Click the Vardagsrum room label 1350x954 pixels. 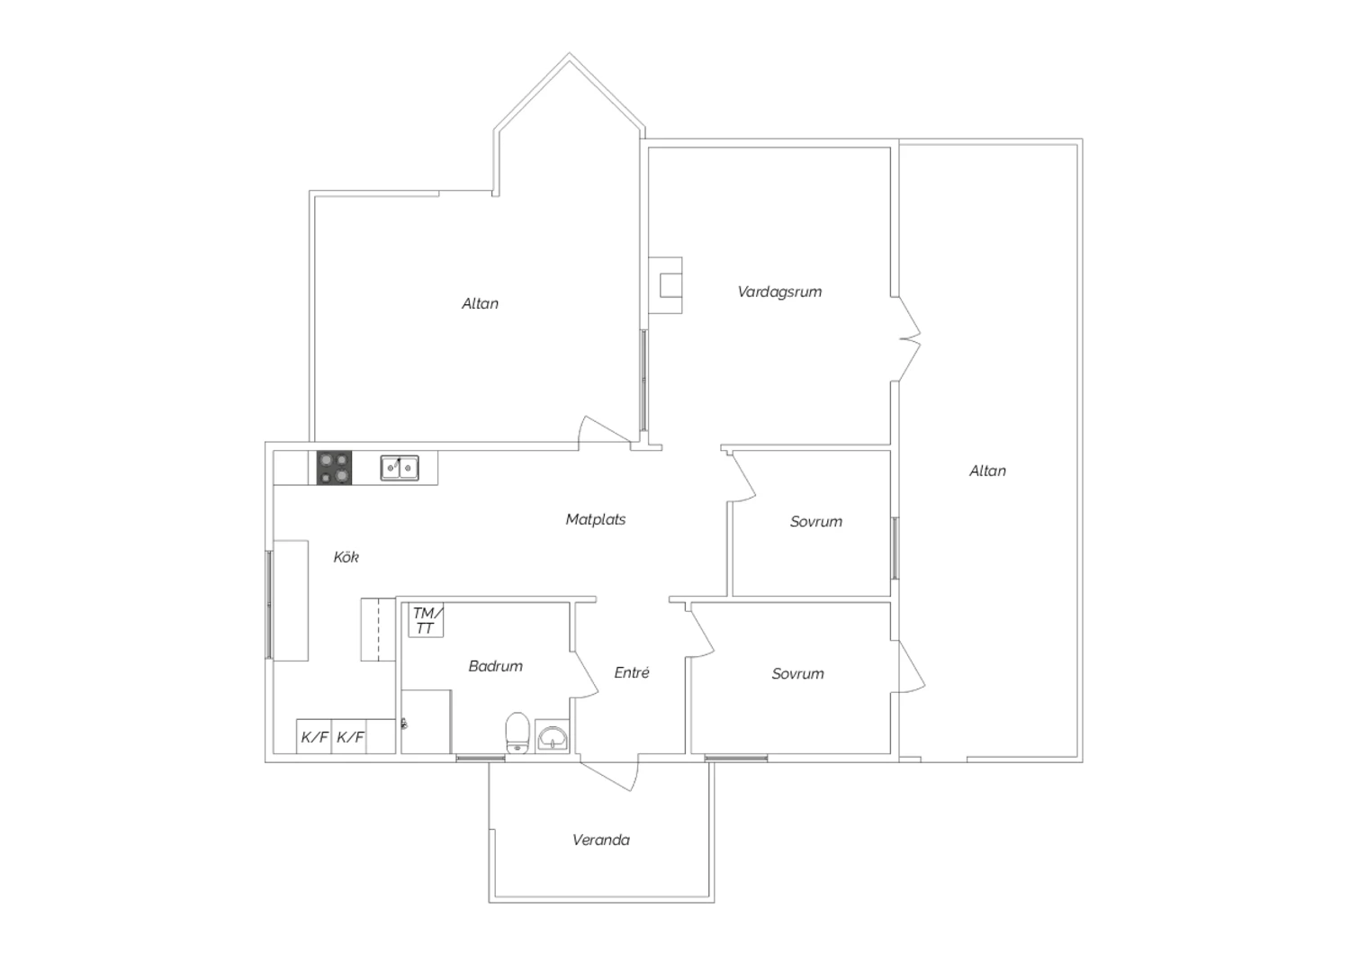pyautogui.click(x=779, y=292)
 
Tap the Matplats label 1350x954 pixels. pyautogui.click(x=596, y=519)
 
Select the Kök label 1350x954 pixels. pyautogui.click(x=346, y=557)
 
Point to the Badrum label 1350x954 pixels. pyautogui.click(x=495, y=666)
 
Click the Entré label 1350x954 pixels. pyautogui.click(x=632, y=672)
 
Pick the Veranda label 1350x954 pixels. pyautogui.click(x=601, y=840)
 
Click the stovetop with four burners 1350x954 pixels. pyautogui.click(x=335, y=468)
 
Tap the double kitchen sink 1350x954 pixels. pyautogui.click(x=400, y=468)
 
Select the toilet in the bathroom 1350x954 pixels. pyautogui.click(x=517, y=733)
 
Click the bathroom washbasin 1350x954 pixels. pyautogui.click(x=552, y=736)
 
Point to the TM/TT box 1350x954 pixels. pyautogui.click(x=426, y=620)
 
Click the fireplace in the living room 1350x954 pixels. pyautogui.click(x=665, y=285)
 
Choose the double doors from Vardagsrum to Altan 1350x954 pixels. pyautogui.click(x=906, y=338)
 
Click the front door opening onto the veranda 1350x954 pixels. pyautogui.click(x=607, y=775)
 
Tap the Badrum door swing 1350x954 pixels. pyautogui.click(x=585, y=674)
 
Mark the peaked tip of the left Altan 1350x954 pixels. pyautogui.click(x=570, y=54)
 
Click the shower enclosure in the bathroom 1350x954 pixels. pyautogui.click(x=426, y=722)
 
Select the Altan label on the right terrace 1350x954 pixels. pyautogui.click(x=987, y=472)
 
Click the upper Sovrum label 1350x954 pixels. pyautogui.click(x=816, y=522)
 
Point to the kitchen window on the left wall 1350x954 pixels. pyautogui.click(x=269, y=605)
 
